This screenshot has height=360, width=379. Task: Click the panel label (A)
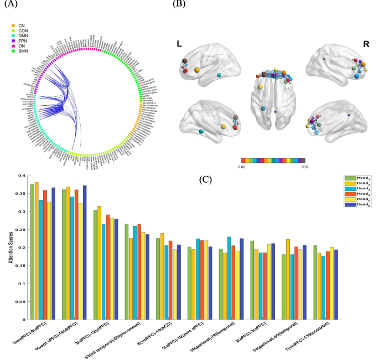(x=9, y=4)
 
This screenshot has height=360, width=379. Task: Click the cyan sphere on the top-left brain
(x=220, y=74)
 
